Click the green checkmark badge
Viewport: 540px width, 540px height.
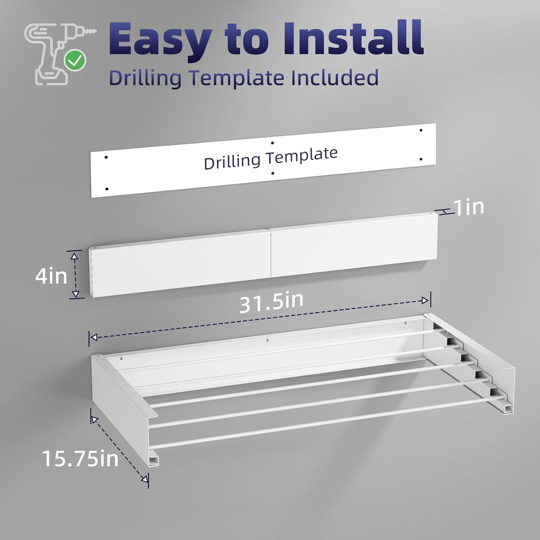point(75,60)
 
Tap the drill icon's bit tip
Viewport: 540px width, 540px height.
point(96,31)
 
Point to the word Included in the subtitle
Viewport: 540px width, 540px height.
point(334,77)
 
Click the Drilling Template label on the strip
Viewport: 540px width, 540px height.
point(270,158)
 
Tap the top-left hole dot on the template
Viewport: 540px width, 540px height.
point(106,157)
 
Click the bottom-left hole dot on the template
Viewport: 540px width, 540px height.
point(107,189)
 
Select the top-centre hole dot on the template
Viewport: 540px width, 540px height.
point(272,143)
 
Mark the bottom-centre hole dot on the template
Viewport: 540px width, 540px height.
point(273,173)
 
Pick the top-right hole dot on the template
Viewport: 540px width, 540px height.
point(421,130)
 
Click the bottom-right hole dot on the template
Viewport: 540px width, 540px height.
point(421,159)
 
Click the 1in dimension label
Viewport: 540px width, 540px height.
point(469,207)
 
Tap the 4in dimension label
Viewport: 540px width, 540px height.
point(51,276)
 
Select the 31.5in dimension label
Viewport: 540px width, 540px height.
point(271,303)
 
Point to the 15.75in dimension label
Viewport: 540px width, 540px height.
point(81,459)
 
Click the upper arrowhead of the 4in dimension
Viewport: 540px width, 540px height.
point(74,256)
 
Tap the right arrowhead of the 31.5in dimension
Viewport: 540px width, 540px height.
point(425,301)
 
